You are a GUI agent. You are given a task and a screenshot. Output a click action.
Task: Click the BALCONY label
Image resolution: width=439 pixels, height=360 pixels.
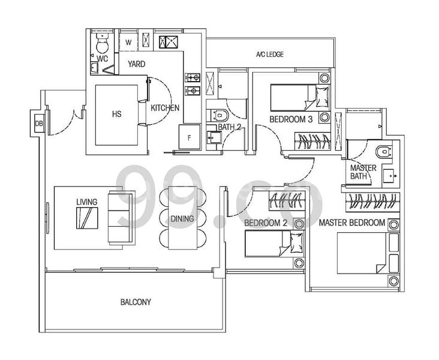(135, 302)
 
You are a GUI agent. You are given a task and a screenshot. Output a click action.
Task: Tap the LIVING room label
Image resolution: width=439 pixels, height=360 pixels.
(86, 202)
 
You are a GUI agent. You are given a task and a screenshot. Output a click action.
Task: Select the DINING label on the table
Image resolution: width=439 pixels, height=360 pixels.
(182, 218)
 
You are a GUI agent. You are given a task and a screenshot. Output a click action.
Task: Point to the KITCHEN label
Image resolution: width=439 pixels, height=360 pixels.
(164, 108)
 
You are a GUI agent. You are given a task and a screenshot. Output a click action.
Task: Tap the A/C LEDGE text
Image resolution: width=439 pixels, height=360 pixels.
(269, 55)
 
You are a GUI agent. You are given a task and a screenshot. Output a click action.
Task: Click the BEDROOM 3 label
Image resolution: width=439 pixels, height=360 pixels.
(291, 119)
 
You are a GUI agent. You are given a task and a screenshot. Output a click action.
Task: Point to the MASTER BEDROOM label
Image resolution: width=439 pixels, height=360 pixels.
(351, 223)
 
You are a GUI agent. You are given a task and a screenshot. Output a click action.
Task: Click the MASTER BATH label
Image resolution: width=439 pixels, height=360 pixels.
(363, 172)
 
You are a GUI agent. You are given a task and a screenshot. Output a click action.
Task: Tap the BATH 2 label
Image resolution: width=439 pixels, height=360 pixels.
(229, 127)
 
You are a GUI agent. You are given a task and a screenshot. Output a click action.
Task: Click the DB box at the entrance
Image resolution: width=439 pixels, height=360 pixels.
(39, 124)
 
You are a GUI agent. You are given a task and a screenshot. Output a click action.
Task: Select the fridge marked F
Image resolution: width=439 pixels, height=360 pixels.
(189, 137)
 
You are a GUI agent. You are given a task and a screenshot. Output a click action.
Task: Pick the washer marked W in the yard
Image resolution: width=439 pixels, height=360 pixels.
(130, 42)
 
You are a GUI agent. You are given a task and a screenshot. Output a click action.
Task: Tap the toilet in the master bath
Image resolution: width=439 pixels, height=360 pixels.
(381, 150)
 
